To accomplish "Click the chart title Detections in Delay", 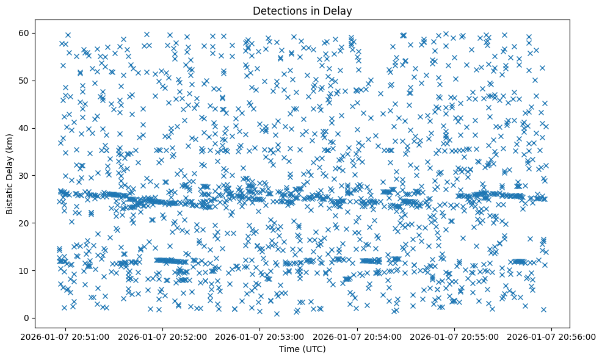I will click(x=302, y=10).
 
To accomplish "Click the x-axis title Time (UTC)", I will click(x=302, y=349).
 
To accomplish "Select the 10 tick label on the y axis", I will click(x=25, y=270).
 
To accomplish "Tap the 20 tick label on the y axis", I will click(x=25, y=223).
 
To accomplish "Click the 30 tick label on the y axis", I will click(x=25, y=176).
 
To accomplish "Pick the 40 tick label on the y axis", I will click(x=25, y=128).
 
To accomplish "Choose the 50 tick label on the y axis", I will click(x=25, y=81).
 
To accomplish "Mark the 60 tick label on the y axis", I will click(x=25, y=33).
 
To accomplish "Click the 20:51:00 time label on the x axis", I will click(x=66, y=336).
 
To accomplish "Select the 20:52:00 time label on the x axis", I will click(x=163, y=336).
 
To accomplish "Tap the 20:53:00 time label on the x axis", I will click(x=260, y=336).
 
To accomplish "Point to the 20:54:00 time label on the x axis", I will click(x=358, y=336).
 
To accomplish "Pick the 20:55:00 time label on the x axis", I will click(x=455, y=336).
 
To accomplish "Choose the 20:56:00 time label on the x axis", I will click(x=552, y=336).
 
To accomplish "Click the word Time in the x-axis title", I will click(x=289, y=349).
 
